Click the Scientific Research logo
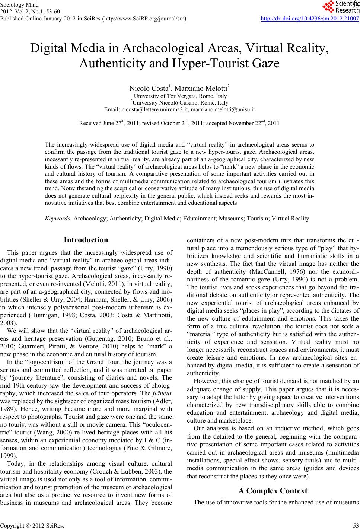pyautogui.click(x=340, y=6)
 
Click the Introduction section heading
pyautogui.click(x=86, y=240)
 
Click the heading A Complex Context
pyautogui.click(x=273, y=491)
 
